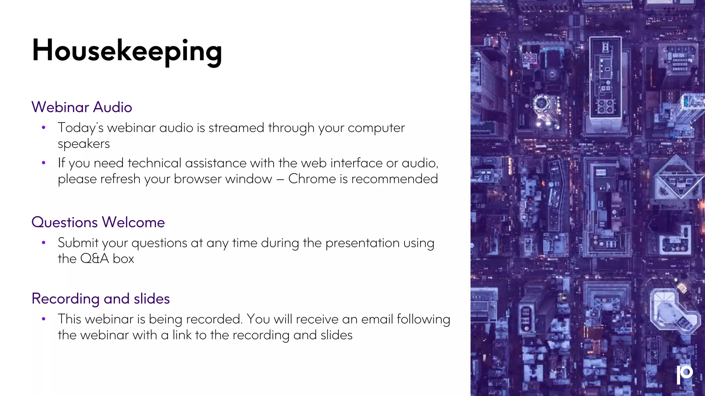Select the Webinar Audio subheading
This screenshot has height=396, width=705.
click(82, 107)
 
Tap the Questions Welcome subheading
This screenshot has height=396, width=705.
click(98, 222)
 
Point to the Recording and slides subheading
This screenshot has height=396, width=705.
click(101, 299)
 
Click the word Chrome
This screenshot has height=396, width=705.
click(312, 179)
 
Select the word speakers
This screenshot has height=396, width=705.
click(84, 144)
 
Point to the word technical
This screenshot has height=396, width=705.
click(154, 163)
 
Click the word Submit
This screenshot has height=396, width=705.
click(78, 243)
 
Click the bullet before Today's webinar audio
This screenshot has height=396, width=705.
click(44, 128)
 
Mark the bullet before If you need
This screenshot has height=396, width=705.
click(44, 163)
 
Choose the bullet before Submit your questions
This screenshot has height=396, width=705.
click(44, 243)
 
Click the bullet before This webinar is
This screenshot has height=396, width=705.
click(44, 319)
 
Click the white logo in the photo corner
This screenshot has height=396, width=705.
click(684, 374)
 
